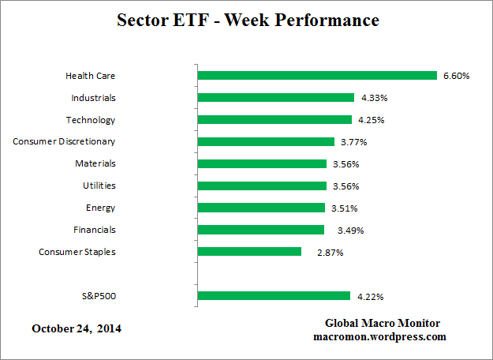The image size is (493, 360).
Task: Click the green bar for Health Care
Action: tap(316, 76)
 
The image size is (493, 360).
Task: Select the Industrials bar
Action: tap(275, 98)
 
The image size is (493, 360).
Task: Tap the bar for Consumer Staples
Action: tap(249, 252)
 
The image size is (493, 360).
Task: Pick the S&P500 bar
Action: tap(274, 296)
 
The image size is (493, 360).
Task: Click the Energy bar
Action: tap(261, 208)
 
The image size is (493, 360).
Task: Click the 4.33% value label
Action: tap(374, 99)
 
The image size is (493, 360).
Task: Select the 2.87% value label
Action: tap(330, 253)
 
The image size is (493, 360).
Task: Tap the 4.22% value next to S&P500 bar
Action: tap(370, 297)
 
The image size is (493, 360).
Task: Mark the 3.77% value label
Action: tap(354, 142)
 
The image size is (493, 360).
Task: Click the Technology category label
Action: tap(91, 120)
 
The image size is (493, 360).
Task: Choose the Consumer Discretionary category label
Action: tap(64, 141)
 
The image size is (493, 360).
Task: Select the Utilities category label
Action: tap(99, 186)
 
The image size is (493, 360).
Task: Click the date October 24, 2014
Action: tap(77, 328)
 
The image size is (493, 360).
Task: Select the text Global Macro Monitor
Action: tap(383, 324)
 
